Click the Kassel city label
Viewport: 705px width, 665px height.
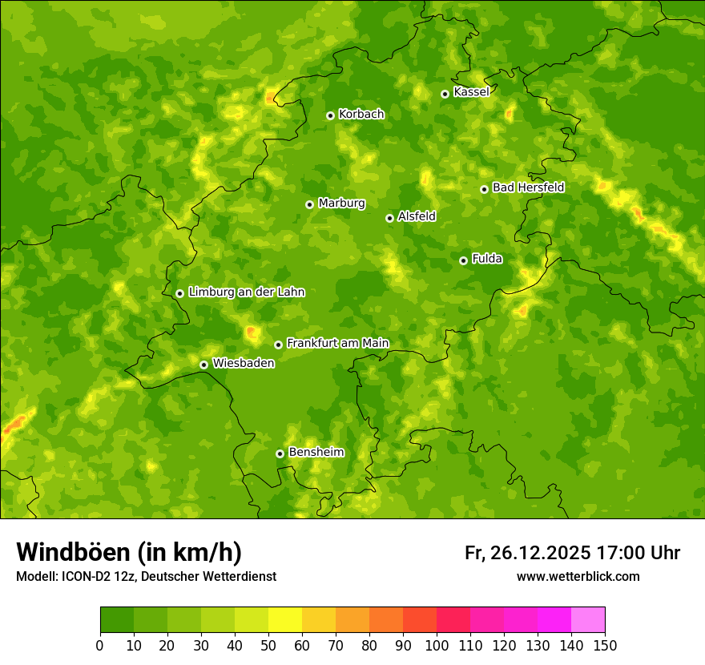[x=471, y=92]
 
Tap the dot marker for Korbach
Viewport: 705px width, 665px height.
[x=330, y=115]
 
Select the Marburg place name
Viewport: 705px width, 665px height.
[x=341, y=204]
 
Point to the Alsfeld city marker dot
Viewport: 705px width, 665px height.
[x=389, y=218]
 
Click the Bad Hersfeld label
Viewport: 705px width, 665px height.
[x=528, y=187]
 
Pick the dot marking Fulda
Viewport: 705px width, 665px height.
[x=463, y=260]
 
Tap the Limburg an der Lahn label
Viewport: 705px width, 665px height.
[x=246, y=292]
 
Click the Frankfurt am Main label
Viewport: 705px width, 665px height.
[x=337, y=343]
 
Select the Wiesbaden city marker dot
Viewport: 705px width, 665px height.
[x=203, y=365]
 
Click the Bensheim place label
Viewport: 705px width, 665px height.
[x=316, y=452]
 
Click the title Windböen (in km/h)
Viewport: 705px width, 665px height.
[x=129, y=553]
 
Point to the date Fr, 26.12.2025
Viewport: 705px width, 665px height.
[x=527, y=553]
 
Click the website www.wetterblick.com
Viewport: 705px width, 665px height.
[x=578, y=577]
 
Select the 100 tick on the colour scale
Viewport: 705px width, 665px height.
[x=437, y=645]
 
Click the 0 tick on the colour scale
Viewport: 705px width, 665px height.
[x=100, y=645]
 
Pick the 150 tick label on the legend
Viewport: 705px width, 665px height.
[x=605, y=645]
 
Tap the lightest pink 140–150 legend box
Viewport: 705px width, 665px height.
[x=588, y=620]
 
